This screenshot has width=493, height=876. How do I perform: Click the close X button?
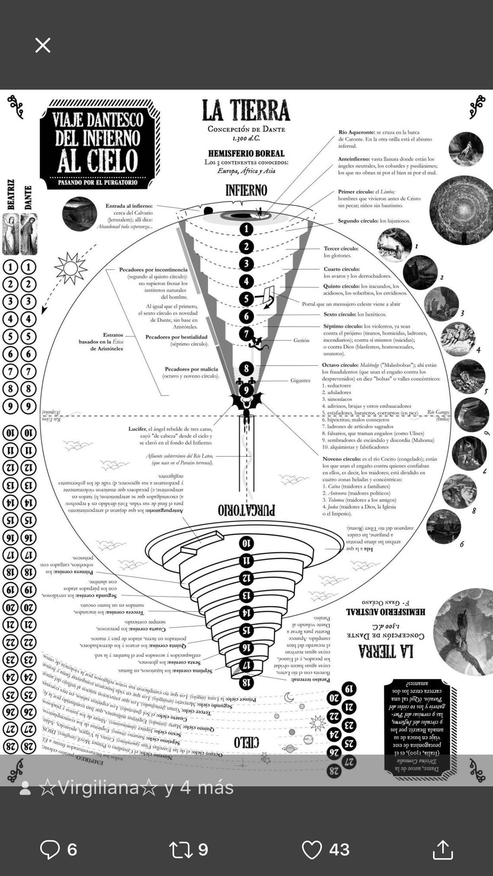(x=43, y=45)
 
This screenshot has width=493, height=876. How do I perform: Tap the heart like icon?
(x=312, y=849)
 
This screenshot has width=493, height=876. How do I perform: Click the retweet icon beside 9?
(x=181, y=849)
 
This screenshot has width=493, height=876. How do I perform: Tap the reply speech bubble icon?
(x=50, y=849)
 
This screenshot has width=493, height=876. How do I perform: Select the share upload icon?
(x=442, y=849)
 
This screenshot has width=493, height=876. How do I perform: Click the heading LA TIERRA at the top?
(x=246, y=110)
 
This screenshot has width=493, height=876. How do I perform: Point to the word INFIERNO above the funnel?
(x=246, y=191)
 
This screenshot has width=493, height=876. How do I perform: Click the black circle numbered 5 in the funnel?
(x=246, y=298)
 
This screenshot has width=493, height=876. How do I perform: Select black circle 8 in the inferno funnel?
(x=246, y=369)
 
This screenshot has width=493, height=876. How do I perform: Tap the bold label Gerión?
(x=301, y=340)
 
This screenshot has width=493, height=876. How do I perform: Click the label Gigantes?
(x=300, y=380)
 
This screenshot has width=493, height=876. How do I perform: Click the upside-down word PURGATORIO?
(x=246, y=510)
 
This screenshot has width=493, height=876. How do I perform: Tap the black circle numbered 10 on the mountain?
(x=246, y=543)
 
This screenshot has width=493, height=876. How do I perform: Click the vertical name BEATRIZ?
(x=11, y=194)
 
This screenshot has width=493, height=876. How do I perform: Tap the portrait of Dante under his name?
(x=29, y=234)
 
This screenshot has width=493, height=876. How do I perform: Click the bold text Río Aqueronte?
(x=356, y=132)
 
